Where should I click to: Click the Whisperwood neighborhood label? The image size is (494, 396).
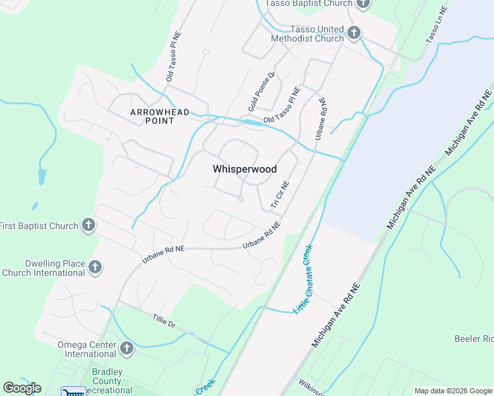[x=244, y=169]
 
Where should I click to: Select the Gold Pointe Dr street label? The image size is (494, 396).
[x=261, y=92]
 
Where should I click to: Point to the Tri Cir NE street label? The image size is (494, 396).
[x=281, y=196]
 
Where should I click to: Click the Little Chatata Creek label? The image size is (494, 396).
[x=302, y=279]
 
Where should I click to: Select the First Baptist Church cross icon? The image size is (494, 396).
[x=88, y=226]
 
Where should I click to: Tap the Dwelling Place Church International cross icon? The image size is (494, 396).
[x=95, y=267]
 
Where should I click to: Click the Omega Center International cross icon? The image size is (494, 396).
[x=126, y=348]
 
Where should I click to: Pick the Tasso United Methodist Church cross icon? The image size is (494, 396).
[x=354, y=33]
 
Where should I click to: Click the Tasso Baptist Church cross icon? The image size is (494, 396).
[x=363, y=4]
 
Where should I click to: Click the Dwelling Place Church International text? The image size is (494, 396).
[x=43, y=267]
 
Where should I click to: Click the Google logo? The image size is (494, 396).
[x=22, y=388]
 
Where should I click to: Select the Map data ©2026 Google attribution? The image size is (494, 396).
[x=452, y=391]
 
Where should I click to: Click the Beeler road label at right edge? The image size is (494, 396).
[x=474, y=339]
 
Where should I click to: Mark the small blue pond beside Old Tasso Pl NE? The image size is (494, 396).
[x=252, y=123]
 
